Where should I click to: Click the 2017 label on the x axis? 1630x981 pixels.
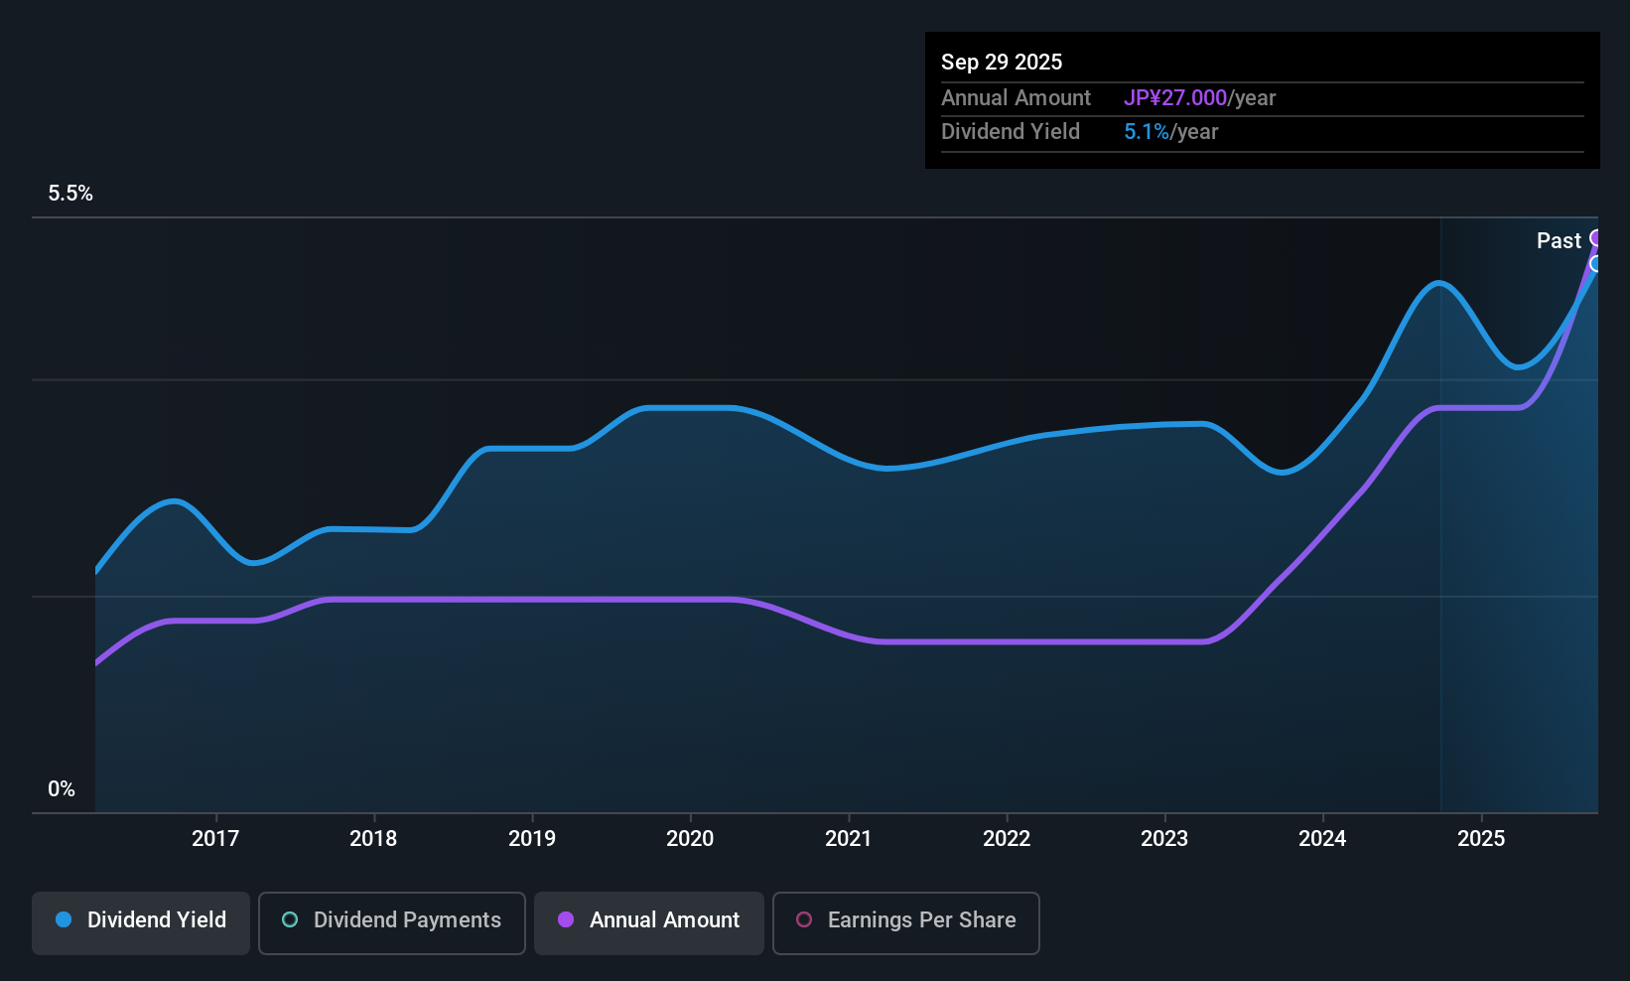(215, 838)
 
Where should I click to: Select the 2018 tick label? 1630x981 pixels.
(373, 838)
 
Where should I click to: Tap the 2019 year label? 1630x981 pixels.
(532, 838)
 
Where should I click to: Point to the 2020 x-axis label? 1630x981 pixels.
(690, 838)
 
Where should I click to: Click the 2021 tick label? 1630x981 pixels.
(849, 838)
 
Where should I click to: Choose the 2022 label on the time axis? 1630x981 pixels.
(1007, 838)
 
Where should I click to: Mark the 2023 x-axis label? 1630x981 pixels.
(1164, 838)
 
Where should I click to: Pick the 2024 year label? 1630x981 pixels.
(1322, 838)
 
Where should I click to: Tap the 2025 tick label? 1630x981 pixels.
(1481, 838)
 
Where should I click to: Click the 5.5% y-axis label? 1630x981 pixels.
(70, 194)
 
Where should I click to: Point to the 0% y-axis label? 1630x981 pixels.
(62, 789)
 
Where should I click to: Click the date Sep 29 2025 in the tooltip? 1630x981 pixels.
(1002, 63)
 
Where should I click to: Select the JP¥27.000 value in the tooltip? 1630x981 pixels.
(1175, 97)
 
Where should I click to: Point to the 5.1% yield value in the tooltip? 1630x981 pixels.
(1147, 132)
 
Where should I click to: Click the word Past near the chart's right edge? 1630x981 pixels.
(1559, 241)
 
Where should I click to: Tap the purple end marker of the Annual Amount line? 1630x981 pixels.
(1596, 238)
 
